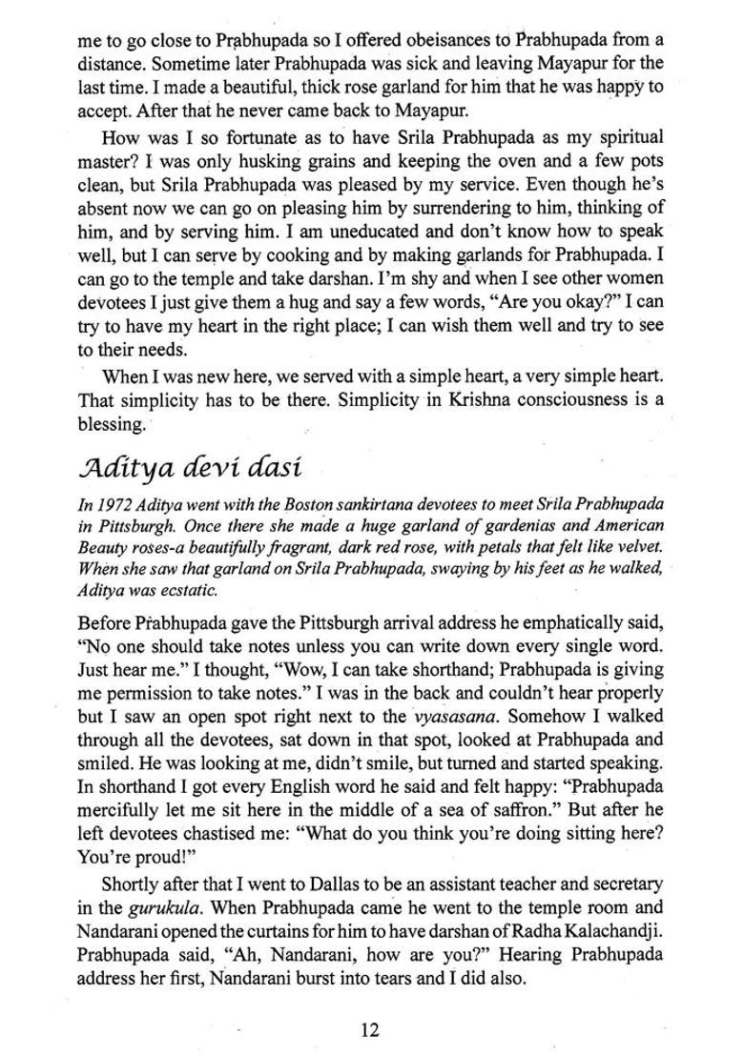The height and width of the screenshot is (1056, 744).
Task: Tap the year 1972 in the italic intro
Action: tap(114, 503)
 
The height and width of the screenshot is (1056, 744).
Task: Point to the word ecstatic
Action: tap(194, 590)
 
